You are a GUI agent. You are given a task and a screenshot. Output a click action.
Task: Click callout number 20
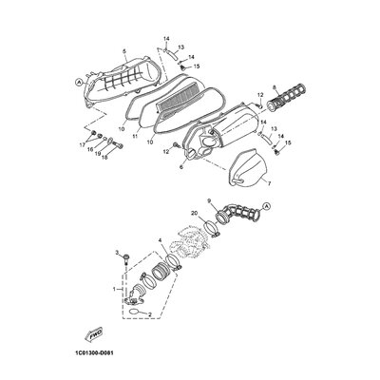(x=195, y=240)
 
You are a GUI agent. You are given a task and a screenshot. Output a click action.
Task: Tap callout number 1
(x=114, y=288)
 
